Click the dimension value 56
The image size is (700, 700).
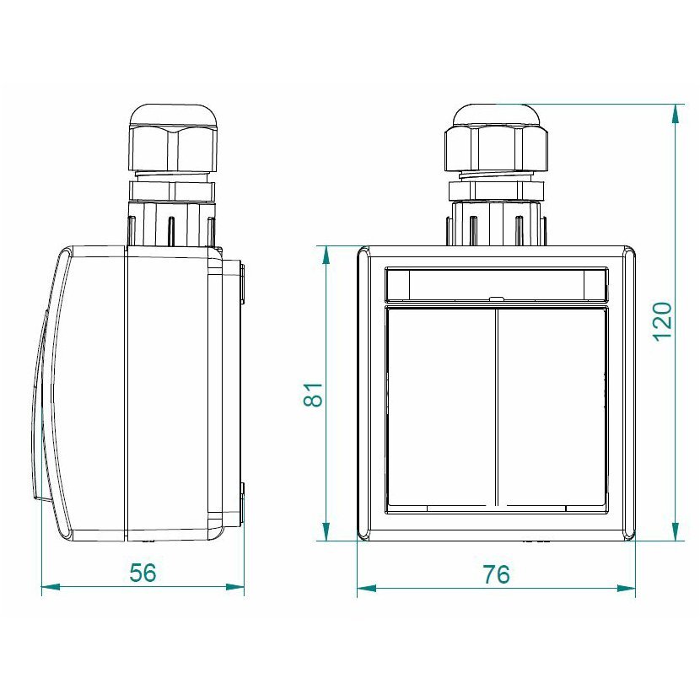pos(143,573)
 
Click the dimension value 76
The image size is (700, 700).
pos(496,574)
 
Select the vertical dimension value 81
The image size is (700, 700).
pos(313,394)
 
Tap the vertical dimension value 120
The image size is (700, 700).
pos(663,321)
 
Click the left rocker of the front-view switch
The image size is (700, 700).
pos(440,407)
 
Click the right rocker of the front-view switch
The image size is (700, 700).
pos(552,407)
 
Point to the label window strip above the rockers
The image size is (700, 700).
pos(496,283)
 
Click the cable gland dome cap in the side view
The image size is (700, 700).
pos(173,116)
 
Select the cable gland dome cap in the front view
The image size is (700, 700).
pos(496,116)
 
